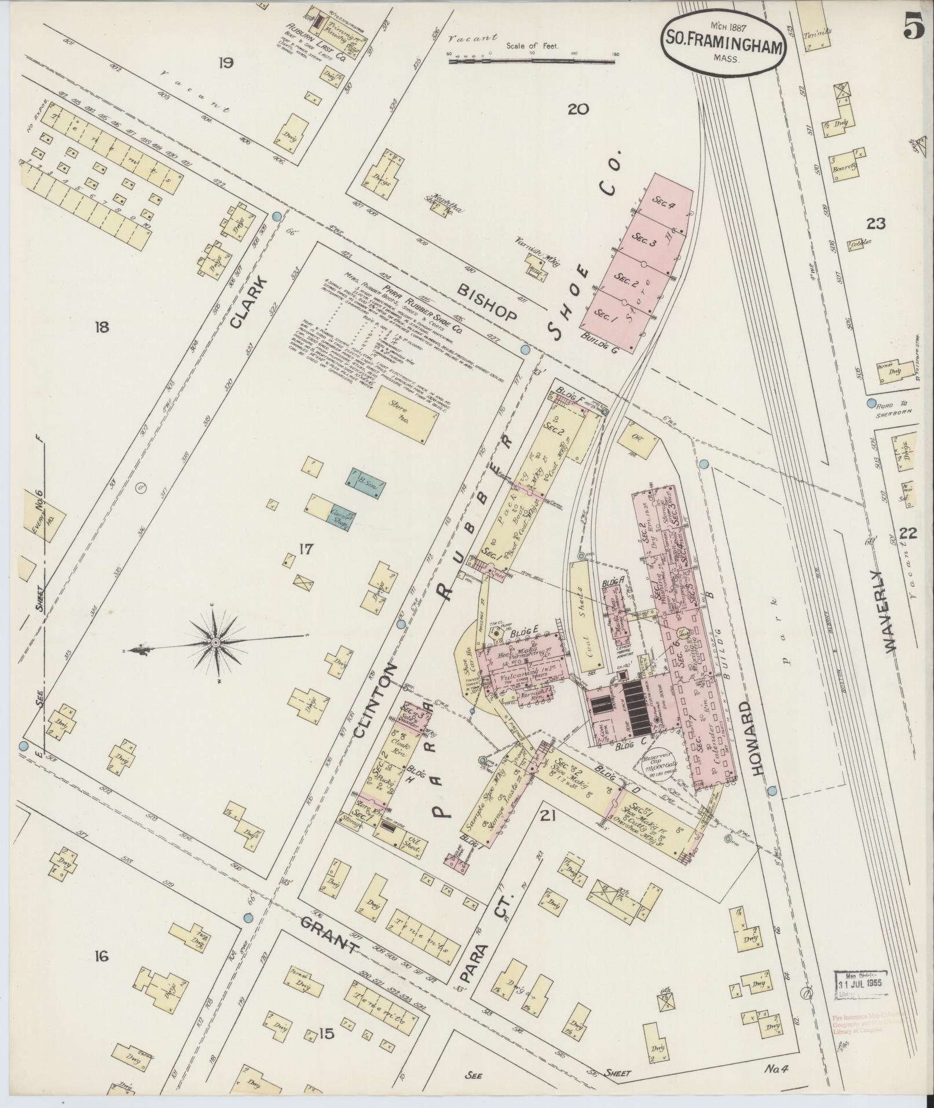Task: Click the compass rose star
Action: coord(217,642)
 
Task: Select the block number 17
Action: coord(306,549)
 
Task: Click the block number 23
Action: coord(876,224)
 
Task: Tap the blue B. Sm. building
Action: coord(366,480)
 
